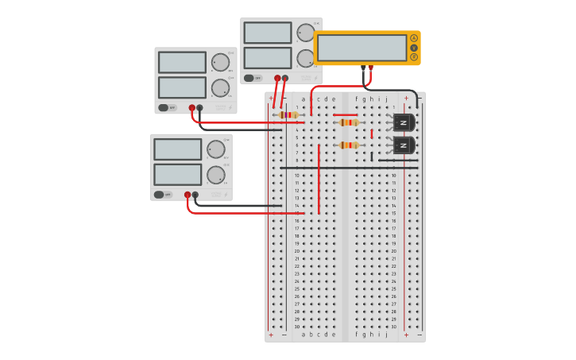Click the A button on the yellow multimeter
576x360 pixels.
(414, 38)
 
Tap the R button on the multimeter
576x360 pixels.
(414, 57)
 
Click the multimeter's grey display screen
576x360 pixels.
(362, 48)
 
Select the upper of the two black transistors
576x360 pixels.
(404, 122)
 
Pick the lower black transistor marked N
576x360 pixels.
(404, 145)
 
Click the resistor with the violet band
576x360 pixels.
(289, 115)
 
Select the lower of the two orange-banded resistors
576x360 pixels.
(348, 145)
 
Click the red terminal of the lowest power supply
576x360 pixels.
(187, 195)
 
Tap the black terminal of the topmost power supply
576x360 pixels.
(285, 78)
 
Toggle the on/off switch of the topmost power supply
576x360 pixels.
(249, 78)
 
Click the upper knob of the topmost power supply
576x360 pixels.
(305, 33)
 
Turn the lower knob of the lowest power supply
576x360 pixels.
(215, 175)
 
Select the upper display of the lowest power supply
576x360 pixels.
(177, 149)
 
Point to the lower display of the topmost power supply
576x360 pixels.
(267, 58)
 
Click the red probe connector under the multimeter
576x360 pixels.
(370, 68)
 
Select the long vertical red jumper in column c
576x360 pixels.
(319, 179)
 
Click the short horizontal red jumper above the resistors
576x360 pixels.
(345, 115)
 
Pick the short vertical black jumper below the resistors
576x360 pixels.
(371, 157)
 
